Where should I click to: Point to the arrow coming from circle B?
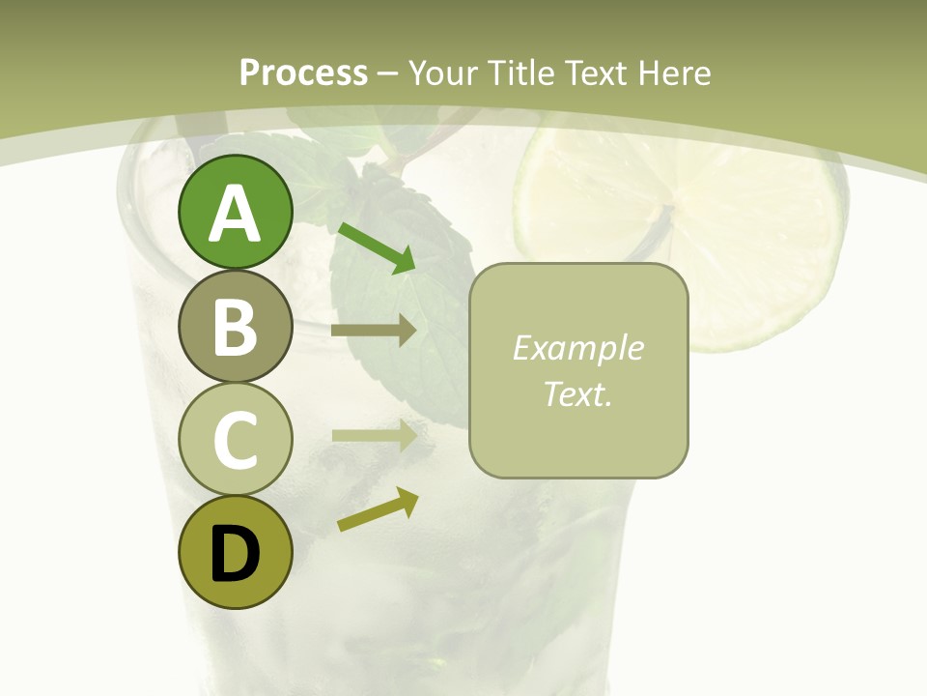(374, 330)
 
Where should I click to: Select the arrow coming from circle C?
(374, 435)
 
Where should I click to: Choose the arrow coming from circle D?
(378, 509)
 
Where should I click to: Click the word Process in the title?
(303, 73)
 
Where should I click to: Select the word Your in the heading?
(443, 73)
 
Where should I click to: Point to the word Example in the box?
(577, 348)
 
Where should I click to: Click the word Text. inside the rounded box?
(577, 393)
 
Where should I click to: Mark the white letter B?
(235, 327)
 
